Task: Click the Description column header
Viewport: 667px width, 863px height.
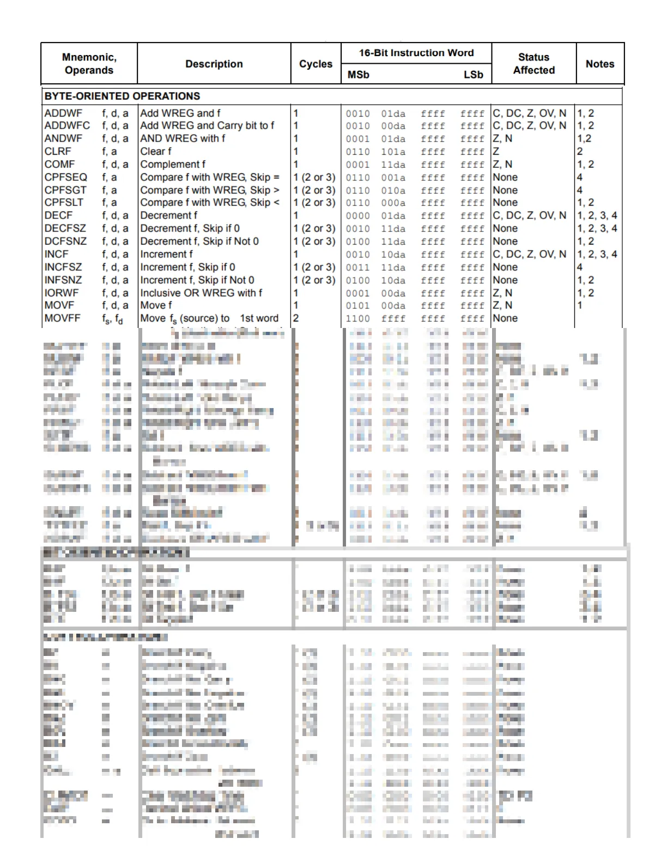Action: click(x=214, y=64)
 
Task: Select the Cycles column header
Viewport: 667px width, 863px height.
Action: click(x=316, y=64)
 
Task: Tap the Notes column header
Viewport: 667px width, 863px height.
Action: click(x=599, y=64)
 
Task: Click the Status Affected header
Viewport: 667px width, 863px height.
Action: click(x=533, y=64)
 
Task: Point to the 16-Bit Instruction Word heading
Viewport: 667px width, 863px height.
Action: click(x=416, y=53)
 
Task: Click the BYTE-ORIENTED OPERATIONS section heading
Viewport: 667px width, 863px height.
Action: click(x=122, y=96)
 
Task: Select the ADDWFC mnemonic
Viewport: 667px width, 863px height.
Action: click(x=67, y=125)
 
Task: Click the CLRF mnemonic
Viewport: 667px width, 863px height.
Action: click(x=58, y=151)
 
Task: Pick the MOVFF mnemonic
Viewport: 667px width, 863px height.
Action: click(x=62, y=318)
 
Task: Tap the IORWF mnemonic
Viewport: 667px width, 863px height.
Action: click(x=61, y=293)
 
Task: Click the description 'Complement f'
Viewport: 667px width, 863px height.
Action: click(x=173, y=164)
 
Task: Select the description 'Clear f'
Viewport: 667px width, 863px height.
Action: click(x=156, y=151)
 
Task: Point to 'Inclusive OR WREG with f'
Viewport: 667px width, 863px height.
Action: click(x=201, y=293)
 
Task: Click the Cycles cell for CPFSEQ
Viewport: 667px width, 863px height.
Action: click(x=314, y=177)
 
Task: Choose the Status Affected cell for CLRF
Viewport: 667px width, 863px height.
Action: click(x=496, y=151)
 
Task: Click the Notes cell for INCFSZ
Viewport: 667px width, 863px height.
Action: click(x=580, y=267)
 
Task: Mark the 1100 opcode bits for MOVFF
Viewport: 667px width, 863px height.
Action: click(x=357, y=319)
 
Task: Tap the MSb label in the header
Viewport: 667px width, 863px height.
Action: click(x=358, y=75)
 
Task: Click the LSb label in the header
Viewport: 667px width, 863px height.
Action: click(x=473, y=75)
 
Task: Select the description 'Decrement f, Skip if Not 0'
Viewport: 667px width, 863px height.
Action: click(x=199, y=241)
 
